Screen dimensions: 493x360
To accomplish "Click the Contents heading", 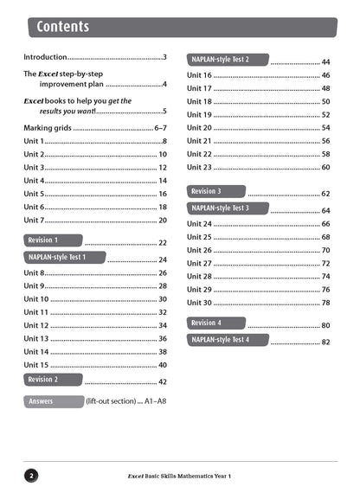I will (x=63, y=27).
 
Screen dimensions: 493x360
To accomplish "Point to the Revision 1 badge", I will (x=53, y=240).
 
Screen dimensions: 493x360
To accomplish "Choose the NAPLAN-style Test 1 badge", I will (x=65, y=257).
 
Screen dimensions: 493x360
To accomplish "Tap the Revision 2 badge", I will (x=53, y=379).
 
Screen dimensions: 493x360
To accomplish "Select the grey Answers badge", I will (x=51, y=401).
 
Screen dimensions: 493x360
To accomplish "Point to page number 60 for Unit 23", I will (x=325, y=167).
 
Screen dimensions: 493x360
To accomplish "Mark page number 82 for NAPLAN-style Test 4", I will (x=325, y=343).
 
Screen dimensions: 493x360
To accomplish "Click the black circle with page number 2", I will (x=31, y=475).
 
